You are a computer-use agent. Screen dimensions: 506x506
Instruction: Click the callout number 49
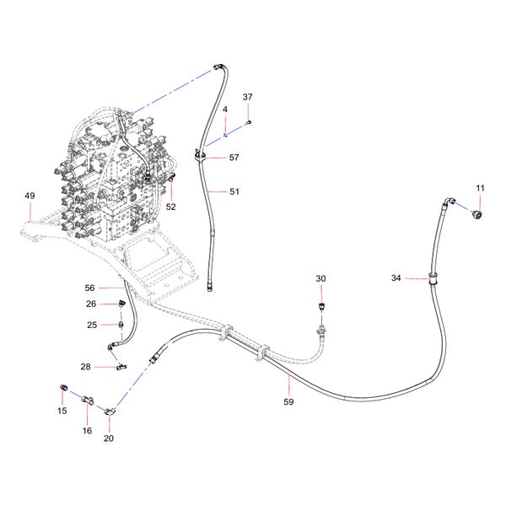tap(30, 196)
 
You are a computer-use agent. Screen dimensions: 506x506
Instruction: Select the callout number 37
tap(247, 97)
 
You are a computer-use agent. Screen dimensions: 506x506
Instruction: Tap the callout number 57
tap(234, 158)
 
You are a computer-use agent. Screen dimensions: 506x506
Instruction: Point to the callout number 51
tap(234, 191)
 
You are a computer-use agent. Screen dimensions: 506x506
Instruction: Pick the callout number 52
tap(170, 207)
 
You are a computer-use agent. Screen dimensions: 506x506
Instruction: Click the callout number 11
tap(480, 188)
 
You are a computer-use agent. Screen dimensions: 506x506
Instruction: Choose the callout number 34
tap(396, 277)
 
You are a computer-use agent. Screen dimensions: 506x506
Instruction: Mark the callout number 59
tap(288, 401)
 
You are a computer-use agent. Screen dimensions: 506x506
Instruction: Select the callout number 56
tap(89, 288)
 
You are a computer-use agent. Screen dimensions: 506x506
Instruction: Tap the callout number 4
tap(225, 110)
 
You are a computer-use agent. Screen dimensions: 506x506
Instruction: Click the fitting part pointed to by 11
tap(477, 215)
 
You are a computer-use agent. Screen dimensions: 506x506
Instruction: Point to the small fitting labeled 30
tap(321, 306)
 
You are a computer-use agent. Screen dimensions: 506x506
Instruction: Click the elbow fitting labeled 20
tap(110, 412)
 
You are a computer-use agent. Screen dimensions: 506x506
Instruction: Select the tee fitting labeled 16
tap(88, 400)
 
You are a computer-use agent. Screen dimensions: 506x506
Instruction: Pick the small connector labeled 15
tap(64, 387)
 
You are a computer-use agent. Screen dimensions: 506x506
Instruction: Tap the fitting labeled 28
tap(121, 367)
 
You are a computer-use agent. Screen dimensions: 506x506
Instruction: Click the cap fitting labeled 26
tap(122, 303)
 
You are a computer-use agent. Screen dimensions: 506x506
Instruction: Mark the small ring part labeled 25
tap(121, 325)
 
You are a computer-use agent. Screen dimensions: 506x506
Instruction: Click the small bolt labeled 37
tap(249, 122)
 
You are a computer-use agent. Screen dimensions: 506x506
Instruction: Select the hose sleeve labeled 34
tap(432, 277)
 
